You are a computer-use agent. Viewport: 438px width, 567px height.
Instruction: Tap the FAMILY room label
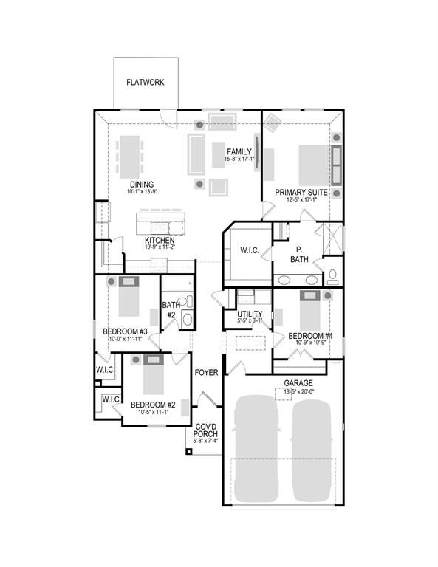[240, 151]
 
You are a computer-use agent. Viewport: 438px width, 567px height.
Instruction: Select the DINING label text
[142, 185]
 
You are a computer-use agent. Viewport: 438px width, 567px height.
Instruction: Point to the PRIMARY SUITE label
[301, 191]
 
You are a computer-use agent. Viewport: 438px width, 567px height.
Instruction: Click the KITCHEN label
[160, 241]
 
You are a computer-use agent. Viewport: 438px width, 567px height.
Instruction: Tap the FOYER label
[206, 373]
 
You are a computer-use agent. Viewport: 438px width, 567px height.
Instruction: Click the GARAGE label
[298, 383]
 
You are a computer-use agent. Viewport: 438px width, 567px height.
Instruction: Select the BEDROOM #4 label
[310, 335]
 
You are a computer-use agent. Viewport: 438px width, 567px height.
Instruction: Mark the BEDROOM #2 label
[152, 405]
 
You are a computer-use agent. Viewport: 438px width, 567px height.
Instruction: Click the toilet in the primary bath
[332, 277]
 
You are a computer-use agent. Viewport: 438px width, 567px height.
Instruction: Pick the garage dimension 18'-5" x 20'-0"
[298, 392]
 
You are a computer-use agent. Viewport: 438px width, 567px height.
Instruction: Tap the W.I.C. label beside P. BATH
[249, 251]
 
